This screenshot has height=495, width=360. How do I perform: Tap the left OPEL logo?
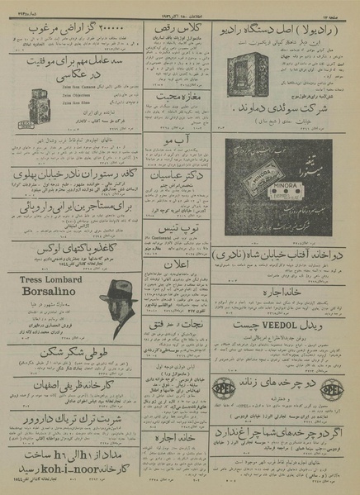pyautogui.click(x=227, y=388)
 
